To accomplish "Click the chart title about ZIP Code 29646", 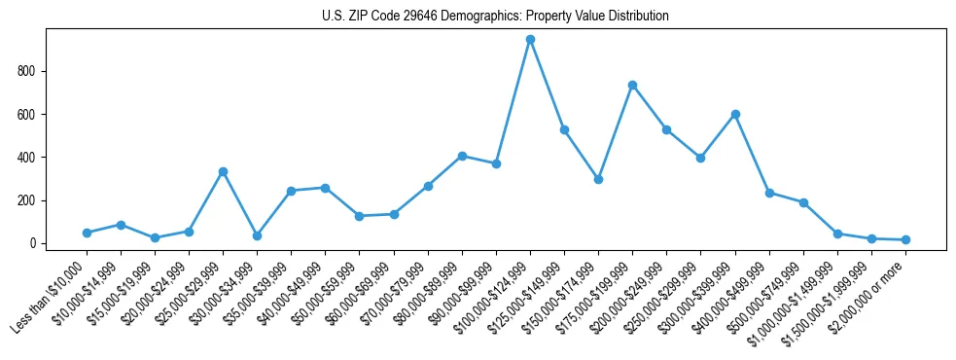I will pyautogui.click(x=495, y=17).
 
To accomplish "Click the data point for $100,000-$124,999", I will pyautogui.click(x=530, y=40).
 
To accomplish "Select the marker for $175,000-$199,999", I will pyautogui.click(x=632, y=86).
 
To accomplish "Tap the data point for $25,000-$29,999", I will pyautogui.click(x=223, y=171).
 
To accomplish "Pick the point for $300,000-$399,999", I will pyautogui.click(x=735, y=114).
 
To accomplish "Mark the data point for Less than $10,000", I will pyautogui.click(x=87, y=233).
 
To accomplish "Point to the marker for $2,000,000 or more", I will pyautogui.click(x=905, y=239).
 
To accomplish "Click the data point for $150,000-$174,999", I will pyautogui.click(x=598, y=179).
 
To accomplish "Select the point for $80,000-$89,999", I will pyautogui.click(x=462, y=156).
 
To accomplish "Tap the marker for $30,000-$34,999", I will pyautogui.click(x=257, y=235).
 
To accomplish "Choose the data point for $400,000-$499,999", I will pyautogui.click(x=769, y=193).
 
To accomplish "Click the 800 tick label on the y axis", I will pyautogui.click(x=26, y=71).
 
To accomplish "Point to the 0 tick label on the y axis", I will pyautogui.click(x=32, y=243).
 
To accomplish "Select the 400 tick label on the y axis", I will pyautogui.click(x=26, y=158).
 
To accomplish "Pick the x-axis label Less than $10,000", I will pyautogui.click(x=51, y=297).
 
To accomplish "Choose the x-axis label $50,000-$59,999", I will pyautogui.click(x=328, y=290).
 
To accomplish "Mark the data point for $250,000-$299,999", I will pyautogui.click(x=700, y=158).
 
